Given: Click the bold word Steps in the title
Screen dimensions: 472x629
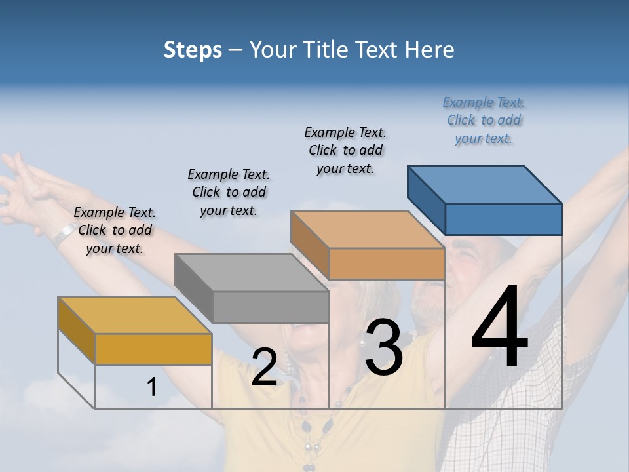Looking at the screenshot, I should (x=193, y=50).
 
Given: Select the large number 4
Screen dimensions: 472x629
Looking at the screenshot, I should (x=499, y=328).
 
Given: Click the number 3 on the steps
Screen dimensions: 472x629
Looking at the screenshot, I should (x=383, y=348).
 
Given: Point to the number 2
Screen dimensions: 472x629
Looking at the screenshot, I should (x=264, y=367).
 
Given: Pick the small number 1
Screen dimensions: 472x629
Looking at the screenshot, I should (x=151, y=387).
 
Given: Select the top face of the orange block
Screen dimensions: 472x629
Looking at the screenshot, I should (x=368, y=229).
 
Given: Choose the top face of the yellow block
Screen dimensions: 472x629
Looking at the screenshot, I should (x=135, y=315).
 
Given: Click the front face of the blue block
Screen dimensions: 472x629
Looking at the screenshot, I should (x=503, y=219).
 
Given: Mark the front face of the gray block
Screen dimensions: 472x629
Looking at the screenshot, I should (x=271, y=307).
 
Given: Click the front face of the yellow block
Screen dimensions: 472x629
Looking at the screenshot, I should (x=153, y=349).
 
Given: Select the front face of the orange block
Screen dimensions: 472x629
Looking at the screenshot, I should (x=387, y=264).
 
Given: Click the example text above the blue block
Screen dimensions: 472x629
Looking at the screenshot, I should (x=484, y=120).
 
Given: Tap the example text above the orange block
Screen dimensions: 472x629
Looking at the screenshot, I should (x=345, y=150).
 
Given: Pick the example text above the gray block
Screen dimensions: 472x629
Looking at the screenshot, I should (x=229, y=192).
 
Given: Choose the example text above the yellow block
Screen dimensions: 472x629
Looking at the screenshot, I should (x=115, y=230).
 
